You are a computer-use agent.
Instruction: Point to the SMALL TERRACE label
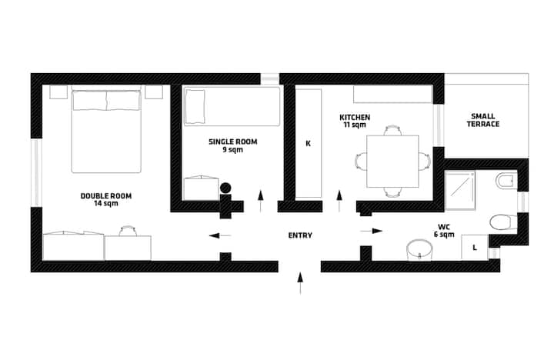[x=483, y=120]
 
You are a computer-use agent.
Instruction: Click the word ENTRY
[x=300, y=235]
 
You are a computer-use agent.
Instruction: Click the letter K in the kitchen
[x=308, y=143]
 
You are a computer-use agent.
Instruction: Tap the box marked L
[x=475, y=247]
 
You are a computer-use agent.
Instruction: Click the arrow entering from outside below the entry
[x=300, y=283]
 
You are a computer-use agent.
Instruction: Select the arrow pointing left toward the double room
[x=220, y=235]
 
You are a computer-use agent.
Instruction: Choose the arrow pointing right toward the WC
[x=372, y=231]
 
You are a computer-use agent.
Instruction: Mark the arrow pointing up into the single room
[x=261, y=201]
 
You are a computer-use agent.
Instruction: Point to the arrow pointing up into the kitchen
[x=339, y=201]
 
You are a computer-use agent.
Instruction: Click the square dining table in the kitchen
[x=392, y=161]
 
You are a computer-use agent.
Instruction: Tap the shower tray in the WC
[x=459, y=191]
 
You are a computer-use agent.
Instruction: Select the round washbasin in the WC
[x=419, y=250]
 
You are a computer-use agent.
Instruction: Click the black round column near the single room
[x=225, y=188]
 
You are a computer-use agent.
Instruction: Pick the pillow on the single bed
[x=195, y=107]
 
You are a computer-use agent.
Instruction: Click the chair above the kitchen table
[x=392, y=130]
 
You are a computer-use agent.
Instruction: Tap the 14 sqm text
[x=106, y=204]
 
